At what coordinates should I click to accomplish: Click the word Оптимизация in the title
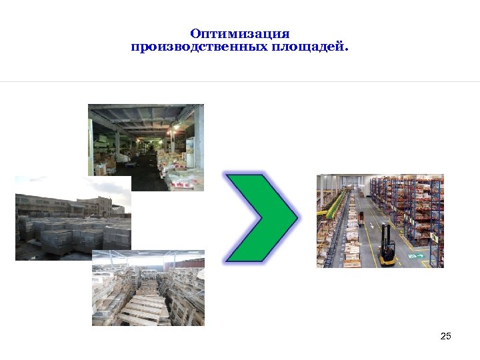239,33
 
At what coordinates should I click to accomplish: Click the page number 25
446,336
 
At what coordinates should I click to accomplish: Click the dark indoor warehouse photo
145,147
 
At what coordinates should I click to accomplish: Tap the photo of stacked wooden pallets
147,288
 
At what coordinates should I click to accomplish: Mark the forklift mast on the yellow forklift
385,235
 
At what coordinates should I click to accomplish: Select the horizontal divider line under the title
240,82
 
